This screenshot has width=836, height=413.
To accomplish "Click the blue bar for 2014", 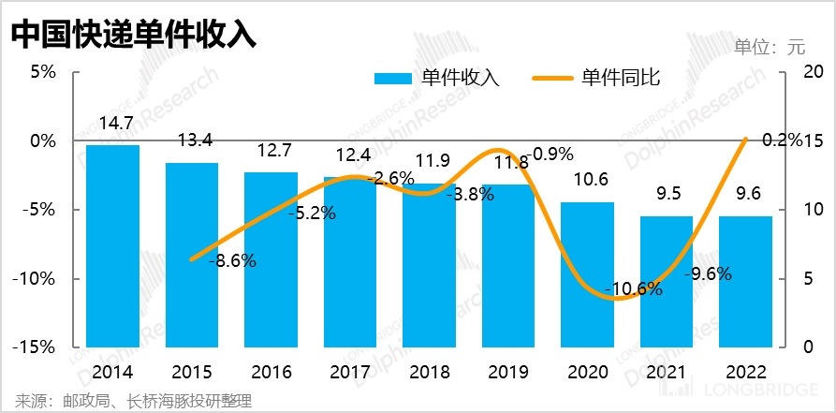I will coord(112,245).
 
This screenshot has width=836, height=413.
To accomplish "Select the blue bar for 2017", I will coord(350,262).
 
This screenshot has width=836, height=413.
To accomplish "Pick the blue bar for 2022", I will coord(746,281).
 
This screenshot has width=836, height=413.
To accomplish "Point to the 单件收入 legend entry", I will coord(437,78).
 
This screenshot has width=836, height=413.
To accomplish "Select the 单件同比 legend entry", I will coord(598,78).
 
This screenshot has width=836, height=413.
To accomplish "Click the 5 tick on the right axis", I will coord(811,278).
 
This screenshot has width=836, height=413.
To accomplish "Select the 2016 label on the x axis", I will coord(271,373).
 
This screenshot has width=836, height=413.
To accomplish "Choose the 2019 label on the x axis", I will coord(508,373).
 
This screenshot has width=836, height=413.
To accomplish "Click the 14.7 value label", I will coord(113,122).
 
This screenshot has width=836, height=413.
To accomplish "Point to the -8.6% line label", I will coord(231,261).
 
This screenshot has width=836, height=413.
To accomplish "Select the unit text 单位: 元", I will coord(770,46).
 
